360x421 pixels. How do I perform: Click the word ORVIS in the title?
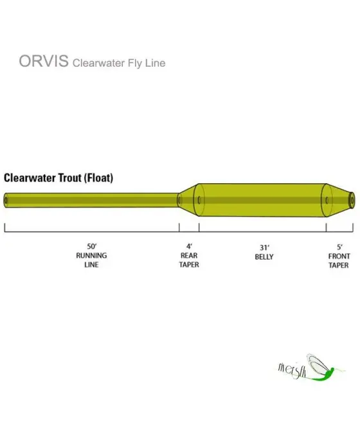pyautogui.click(x=44, y=62)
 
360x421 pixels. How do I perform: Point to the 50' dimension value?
pyautogui.click(x=91, y=246)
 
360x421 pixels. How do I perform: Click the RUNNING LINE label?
pyautogui.click(x=91, y=260)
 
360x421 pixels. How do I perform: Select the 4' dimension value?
pyautogui.click(x=189, y=246)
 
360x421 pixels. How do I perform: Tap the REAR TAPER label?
pyautogui.click(x=189, y=260)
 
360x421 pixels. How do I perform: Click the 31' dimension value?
pyautogui.click(x=264, y=246)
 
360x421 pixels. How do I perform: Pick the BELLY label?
pyautogui.click(x=264, y=256)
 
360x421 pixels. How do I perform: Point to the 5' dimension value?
pyautogui.click(x=339, y=246)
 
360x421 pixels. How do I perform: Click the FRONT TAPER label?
pyautogui.click(x=339, y=260)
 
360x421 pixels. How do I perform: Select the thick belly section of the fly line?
pyautogui.click(x=264, y=201)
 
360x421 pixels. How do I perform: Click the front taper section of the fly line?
pyautogui.click(x=338, y=201)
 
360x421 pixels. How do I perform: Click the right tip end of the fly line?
pyautogui.click(x=352, y=200)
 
